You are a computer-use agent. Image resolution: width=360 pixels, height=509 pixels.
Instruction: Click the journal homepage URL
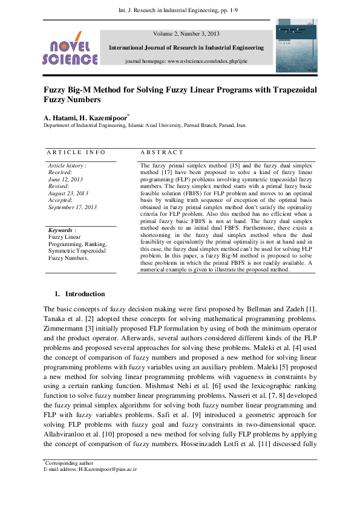click(x=186, y=62)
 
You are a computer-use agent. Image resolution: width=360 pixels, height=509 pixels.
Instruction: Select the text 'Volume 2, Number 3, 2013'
click(x=186, y=34)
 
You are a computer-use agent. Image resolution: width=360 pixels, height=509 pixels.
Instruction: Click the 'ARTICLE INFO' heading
click(x=76, y=152)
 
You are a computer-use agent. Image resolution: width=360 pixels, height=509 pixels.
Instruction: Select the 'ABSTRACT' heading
click(x=162, y=152)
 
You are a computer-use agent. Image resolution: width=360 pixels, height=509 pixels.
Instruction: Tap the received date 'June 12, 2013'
click(x=65, y=179)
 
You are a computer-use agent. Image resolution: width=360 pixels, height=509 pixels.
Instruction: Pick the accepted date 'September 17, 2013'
click(x=73, y=207)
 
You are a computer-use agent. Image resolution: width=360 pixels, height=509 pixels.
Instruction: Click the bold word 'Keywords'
click(x=60, y=230)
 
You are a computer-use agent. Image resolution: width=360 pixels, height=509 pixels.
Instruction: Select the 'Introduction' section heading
click(x=85, y=294)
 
